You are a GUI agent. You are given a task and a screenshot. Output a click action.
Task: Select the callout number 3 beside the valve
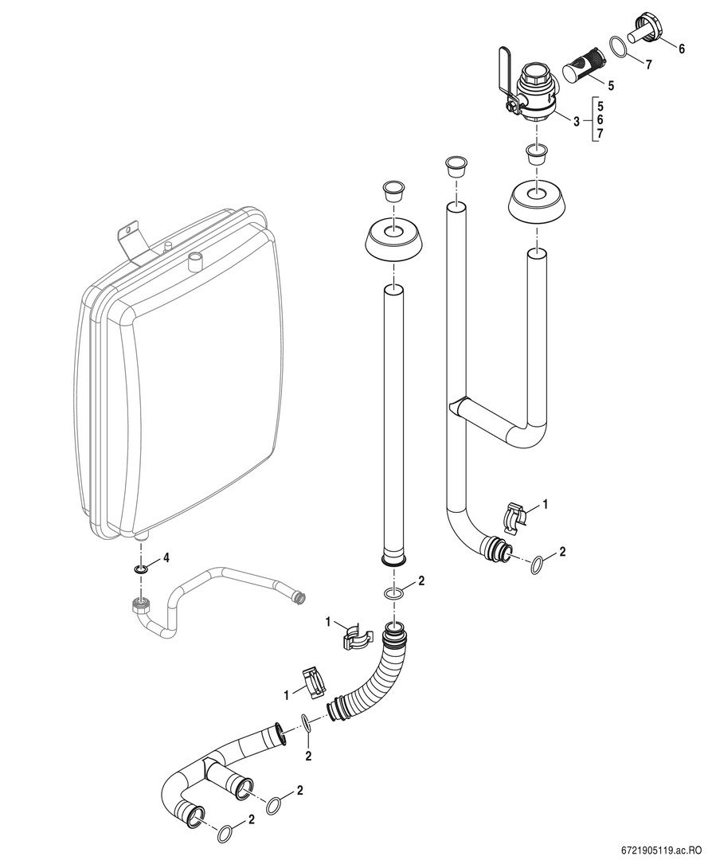pos(575,120)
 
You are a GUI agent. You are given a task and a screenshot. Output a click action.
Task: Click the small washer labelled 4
pos(140,570)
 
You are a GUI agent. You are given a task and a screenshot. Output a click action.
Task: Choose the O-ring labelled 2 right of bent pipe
pos(539,565)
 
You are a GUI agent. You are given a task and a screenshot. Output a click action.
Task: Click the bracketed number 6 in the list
pos(600,119)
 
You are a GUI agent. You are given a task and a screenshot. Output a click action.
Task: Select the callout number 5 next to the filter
pos(612,84)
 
